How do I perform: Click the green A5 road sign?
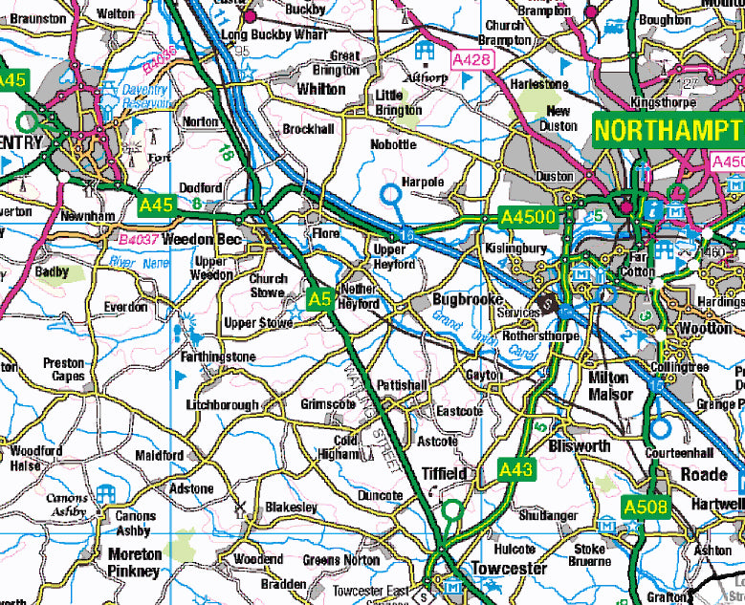point(319,300)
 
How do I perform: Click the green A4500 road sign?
point(528,218)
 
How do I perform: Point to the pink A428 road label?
point(471,60)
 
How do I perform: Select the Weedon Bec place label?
point(198,239)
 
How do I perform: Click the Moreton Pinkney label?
point(134,563)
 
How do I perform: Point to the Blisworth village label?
point(581,446)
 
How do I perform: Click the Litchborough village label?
point(223,405)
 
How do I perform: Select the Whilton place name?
point(320,89)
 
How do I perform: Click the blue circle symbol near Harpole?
point(390,194)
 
